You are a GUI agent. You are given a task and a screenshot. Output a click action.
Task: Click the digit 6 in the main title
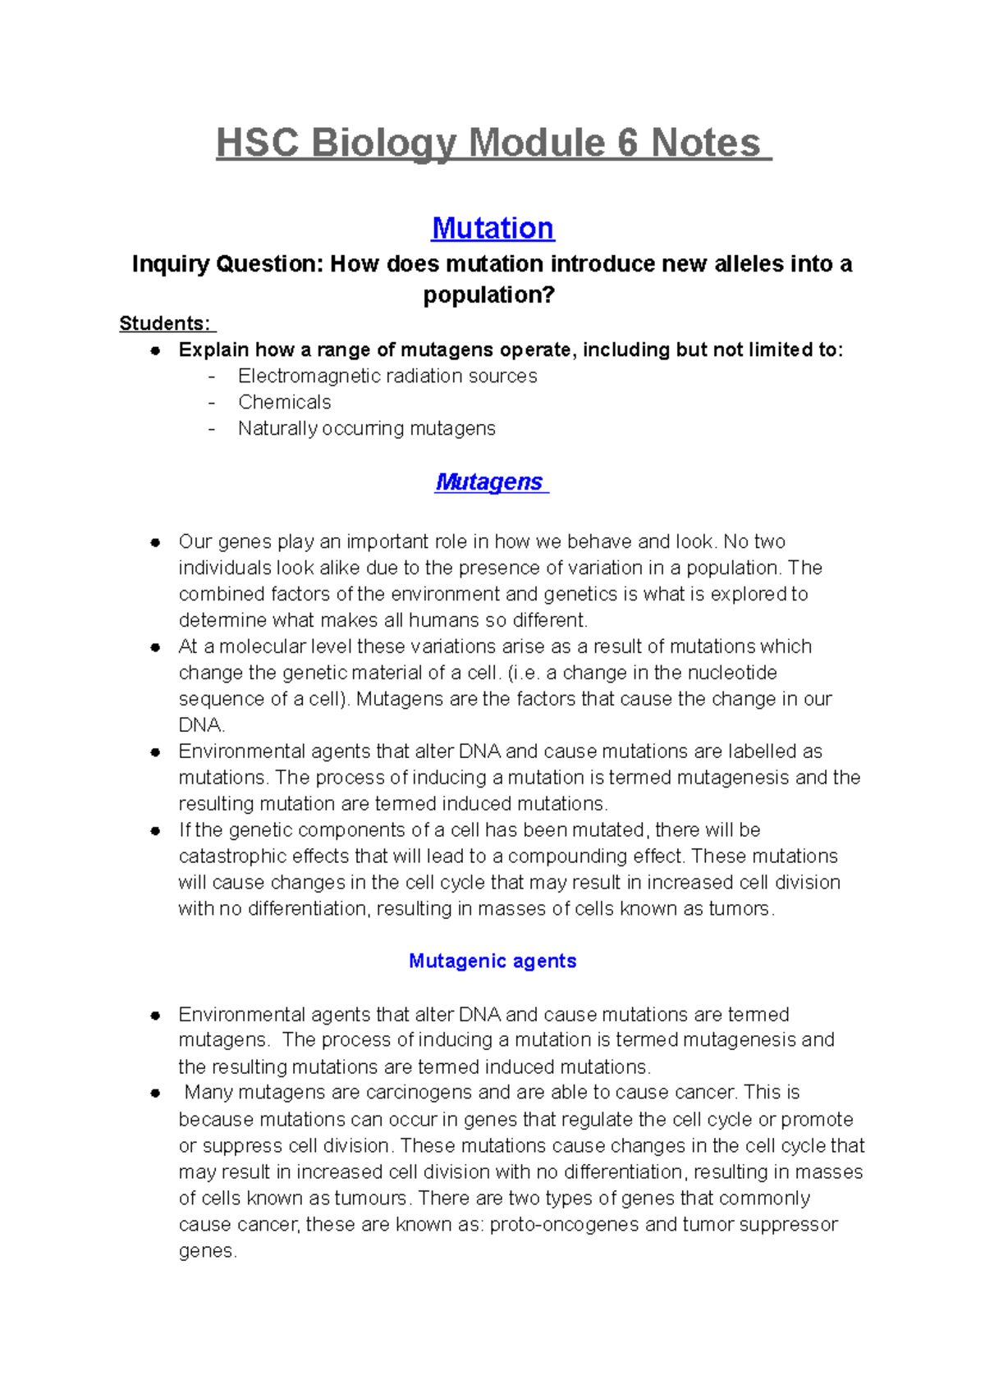pos(627,143)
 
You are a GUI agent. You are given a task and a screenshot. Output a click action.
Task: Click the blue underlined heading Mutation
pos(492,227)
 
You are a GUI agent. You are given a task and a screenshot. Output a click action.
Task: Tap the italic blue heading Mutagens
pos(489,482)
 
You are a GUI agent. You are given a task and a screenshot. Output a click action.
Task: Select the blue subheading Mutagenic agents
pos(492,961)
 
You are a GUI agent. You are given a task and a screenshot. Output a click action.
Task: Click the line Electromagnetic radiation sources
pos(387,376)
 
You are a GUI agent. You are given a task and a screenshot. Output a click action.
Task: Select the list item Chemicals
pos(285,402)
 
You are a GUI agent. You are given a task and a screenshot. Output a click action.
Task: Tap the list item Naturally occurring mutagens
pos(367,428)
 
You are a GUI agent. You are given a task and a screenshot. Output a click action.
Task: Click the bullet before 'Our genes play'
pos(155,542)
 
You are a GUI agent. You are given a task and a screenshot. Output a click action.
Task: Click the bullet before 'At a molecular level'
pos(155,647)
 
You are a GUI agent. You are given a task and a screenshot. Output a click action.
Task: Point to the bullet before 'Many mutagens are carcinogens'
pos(155,1094)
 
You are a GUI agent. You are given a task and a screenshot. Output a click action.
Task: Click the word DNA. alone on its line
pos(201,725)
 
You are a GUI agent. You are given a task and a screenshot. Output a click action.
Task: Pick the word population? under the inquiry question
pos(489,295)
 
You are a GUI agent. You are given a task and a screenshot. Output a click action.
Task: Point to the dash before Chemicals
pos(213,402)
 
